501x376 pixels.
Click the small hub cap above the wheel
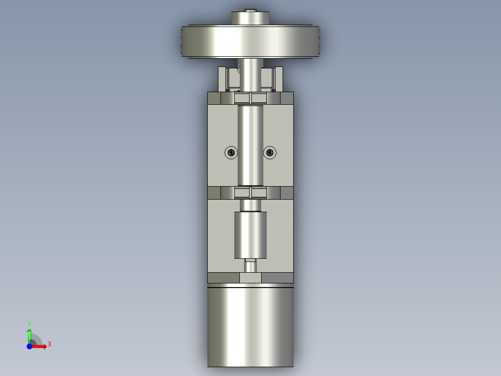pyautogui.click(x=250, y=18)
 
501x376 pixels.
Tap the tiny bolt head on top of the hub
pyautogui.click(x=251, y=10)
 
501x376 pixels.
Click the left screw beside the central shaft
pyautogui.click(x=231, y=152)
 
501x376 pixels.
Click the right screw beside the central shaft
pyautogui.click(x=270, y=152)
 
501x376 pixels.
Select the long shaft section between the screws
pyautogui.click(x=250, y=144)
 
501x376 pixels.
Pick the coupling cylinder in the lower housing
pyautogui.click(x=250, y=235)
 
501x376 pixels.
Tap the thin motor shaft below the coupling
pyautogui.click(x=251, y=267)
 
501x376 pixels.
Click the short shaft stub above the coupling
pyautogui.click(x=250, y=205)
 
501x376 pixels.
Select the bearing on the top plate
pyautogui.click(x=250, y=98)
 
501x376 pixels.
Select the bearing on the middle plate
pyautogui.click(x=250, y=192)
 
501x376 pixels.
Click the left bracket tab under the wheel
pyautogui.click(x=223, y=78)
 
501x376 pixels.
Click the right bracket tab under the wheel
pyautogui.click(x=278, y=78)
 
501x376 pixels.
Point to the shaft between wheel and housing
pyautogui.click(x=250, y=74)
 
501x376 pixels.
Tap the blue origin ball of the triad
pyautogui.click(x=29, y=346)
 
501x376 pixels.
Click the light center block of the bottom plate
pyautogui.click(x=250, y=278)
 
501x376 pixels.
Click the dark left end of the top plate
pyautogui.click(x=214, y=99)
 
